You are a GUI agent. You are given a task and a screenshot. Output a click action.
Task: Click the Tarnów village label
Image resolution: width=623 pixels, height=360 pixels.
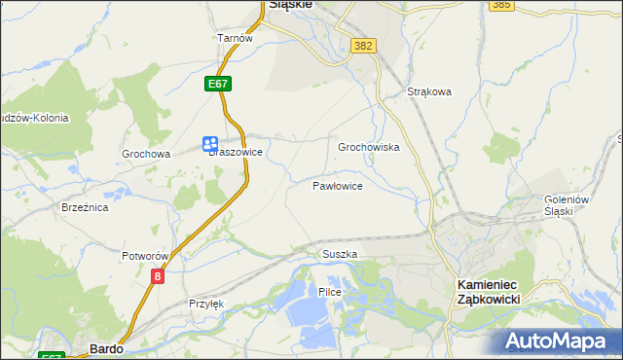(x=235, y=38)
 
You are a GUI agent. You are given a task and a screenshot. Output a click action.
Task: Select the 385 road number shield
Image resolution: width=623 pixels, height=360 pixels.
(x=502, y=5)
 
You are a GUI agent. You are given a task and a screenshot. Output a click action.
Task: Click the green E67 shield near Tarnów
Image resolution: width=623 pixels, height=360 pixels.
(x=218, y=85)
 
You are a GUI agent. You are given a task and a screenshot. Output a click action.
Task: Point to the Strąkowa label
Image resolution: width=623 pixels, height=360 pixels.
(x=429, y=92)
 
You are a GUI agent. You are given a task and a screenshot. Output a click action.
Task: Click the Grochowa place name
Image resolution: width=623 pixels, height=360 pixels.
(x=146, y=154)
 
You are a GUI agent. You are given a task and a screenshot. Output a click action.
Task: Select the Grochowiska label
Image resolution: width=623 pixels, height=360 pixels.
(x=369, y=147)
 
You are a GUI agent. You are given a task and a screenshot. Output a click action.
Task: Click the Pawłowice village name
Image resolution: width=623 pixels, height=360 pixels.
(x=338, y=185)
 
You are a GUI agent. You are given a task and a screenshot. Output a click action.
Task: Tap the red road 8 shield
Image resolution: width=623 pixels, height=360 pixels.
(x=158, y=276)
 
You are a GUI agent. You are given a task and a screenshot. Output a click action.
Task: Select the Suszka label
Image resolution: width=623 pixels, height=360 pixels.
(x=340, y=254)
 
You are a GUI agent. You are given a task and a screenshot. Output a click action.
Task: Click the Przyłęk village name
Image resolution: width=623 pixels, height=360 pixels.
(x=206, y=304)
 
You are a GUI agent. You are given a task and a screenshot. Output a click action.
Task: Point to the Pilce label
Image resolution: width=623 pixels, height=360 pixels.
(x=329, y=292)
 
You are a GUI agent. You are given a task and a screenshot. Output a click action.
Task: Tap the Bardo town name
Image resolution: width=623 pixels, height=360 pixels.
(x=105, y=347)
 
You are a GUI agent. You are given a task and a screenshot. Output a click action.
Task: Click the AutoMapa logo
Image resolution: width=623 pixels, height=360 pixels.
(x=557, y=342)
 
